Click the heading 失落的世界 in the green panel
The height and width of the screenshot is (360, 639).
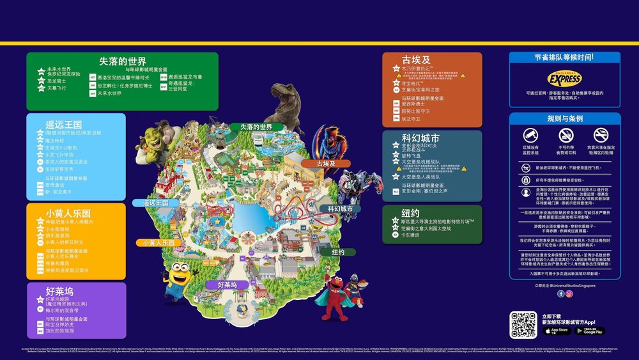coord(123,61)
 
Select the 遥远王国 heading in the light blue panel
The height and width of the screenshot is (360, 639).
coord(64,125)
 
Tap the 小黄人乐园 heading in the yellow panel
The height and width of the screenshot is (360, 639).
coord(68,213)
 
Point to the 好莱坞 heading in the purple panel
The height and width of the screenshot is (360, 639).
coord(59,292)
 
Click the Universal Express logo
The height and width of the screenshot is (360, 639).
coord(565,79)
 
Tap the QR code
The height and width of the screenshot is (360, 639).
coord(523,325)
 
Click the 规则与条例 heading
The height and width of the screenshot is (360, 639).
coord(565,119)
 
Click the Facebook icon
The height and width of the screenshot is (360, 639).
coord(561,293)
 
